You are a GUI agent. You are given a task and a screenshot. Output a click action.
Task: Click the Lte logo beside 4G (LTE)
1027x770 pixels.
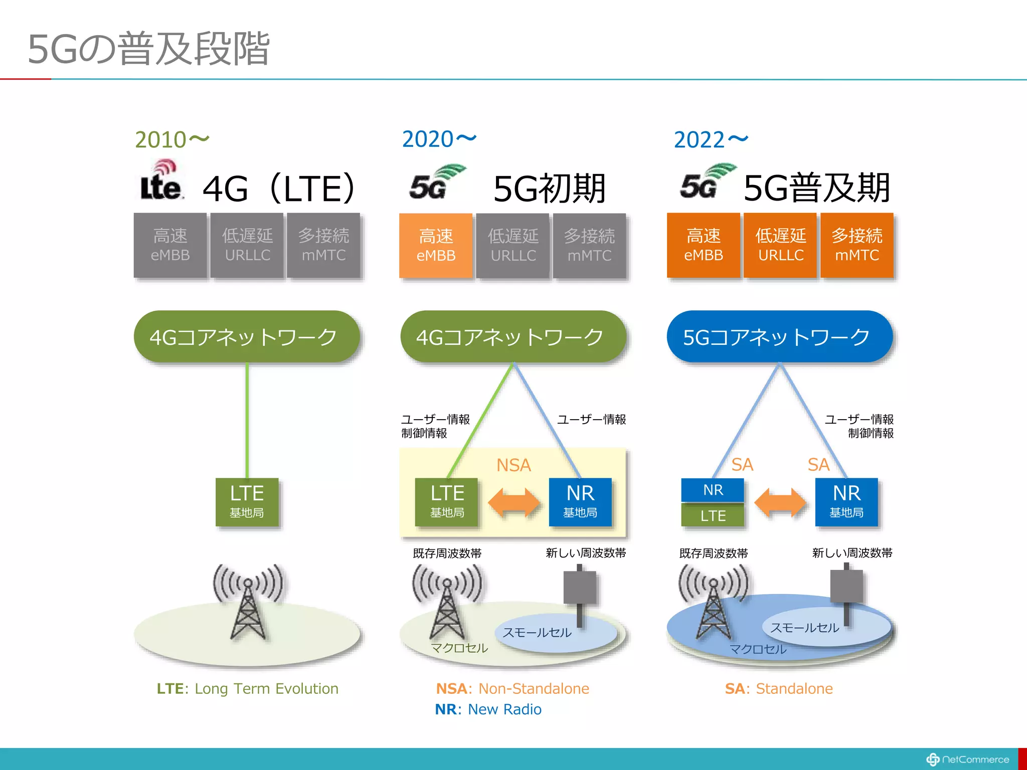coord(160,181)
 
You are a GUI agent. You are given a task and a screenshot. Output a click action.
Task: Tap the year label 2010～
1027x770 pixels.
coord(172,140)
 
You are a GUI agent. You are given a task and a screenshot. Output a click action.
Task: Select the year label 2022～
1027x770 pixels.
coord(711,140)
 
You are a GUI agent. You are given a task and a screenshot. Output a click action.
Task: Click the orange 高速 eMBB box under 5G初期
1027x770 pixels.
coord(436,245)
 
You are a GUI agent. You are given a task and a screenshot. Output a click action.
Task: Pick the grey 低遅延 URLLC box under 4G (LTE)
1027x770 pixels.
coord(247,245)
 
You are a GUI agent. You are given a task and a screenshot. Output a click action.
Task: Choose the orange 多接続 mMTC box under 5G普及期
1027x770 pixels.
coord(857,245)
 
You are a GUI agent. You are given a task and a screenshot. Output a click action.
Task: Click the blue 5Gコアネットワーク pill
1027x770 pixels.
coord(779,337)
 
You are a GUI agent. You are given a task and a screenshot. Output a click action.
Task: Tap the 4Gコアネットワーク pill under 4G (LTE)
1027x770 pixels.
coord(246,337)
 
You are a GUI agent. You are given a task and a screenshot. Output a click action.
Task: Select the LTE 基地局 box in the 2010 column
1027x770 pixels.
coord(247,501)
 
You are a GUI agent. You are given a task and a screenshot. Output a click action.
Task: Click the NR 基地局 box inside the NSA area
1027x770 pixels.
coord(580,501)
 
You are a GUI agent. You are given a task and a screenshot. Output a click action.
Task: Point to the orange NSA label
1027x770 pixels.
coord(513,465)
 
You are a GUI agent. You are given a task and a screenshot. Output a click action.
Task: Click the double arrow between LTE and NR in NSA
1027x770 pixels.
coord(513,502)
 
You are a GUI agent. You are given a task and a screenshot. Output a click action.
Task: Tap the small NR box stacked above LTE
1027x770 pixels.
coord(713,490)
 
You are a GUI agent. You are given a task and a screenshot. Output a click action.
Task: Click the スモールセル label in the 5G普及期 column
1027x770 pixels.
coord(804,628)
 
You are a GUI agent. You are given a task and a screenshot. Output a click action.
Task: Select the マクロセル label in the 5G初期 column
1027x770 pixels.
coord(459,648)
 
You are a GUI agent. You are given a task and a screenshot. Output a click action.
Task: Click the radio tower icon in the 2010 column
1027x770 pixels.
coord(248,602)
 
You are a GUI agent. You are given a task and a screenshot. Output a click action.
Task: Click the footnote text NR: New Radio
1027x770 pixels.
coord(488,709)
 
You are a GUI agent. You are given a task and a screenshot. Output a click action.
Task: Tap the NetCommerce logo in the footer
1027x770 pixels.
coord(967,759)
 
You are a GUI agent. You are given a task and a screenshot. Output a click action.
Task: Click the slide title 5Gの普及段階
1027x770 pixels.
coord(149,49)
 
